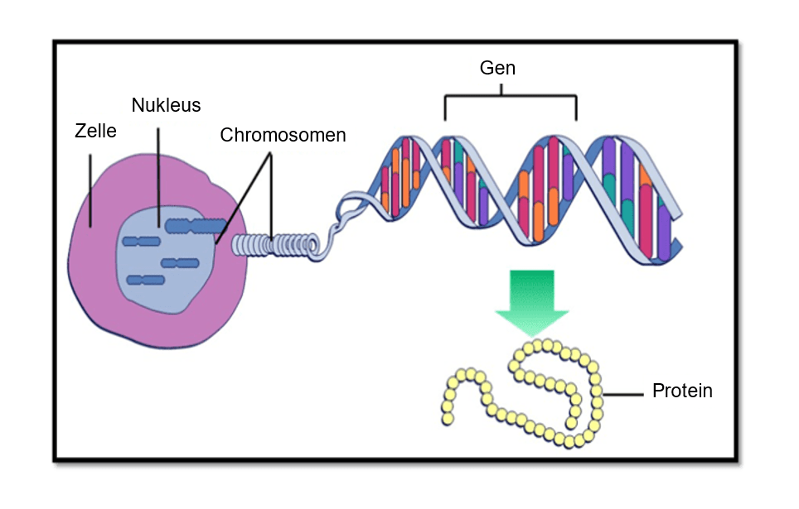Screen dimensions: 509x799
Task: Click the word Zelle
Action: [94, 131]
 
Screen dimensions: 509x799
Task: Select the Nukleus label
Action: [166, 106]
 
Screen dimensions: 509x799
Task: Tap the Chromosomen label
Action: [283, 135]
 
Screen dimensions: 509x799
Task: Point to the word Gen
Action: [497, 68]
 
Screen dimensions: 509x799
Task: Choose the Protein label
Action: [682, 391]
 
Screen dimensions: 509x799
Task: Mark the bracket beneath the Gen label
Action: [511, 98]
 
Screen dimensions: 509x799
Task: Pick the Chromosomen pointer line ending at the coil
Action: [272, 199]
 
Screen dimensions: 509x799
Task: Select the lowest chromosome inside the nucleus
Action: [145, 280]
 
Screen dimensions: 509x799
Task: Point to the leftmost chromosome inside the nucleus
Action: [141, 241]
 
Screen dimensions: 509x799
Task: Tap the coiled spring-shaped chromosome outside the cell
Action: [274, 245]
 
